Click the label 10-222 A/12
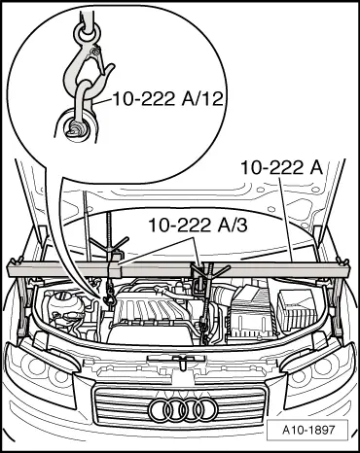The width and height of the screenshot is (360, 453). [167, 98]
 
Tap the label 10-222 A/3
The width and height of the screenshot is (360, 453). [198, 225]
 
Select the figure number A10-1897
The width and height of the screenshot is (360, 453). [307, 430]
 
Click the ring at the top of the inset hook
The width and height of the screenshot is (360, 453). [88, 32]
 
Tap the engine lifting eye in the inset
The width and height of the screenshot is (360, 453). [77, 127]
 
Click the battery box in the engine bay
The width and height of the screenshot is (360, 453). [296, 308]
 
